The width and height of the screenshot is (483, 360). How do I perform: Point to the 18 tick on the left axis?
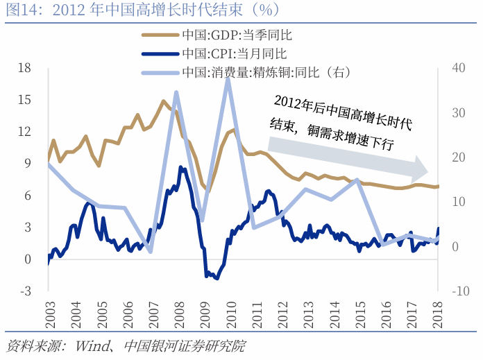click(25, 67)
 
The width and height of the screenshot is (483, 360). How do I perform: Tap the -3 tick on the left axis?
click(25, 291)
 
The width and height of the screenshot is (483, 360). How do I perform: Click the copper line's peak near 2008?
click(176, 92)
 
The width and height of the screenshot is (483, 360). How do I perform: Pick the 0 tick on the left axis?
click(27, 259)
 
